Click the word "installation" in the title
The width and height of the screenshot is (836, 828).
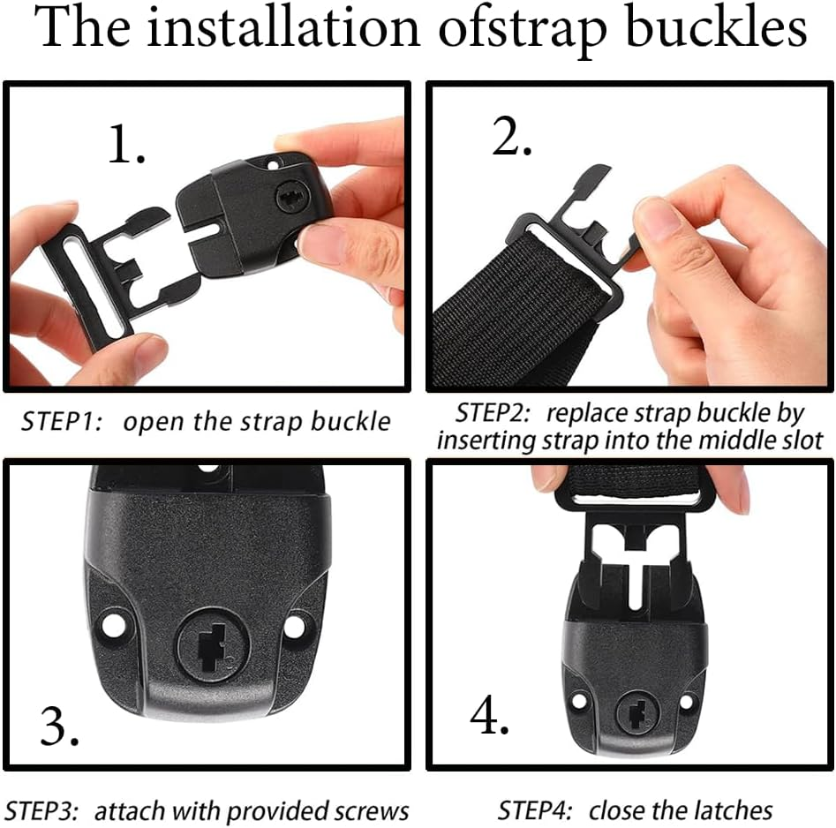282,29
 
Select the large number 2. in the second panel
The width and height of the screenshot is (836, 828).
511,137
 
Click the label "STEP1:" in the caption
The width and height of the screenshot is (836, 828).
62,421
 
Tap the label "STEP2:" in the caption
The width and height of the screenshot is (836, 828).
496,413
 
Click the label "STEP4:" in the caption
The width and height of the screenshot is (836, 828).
537,810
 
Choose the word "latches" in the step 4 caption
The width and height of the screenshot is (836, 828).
729,810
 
